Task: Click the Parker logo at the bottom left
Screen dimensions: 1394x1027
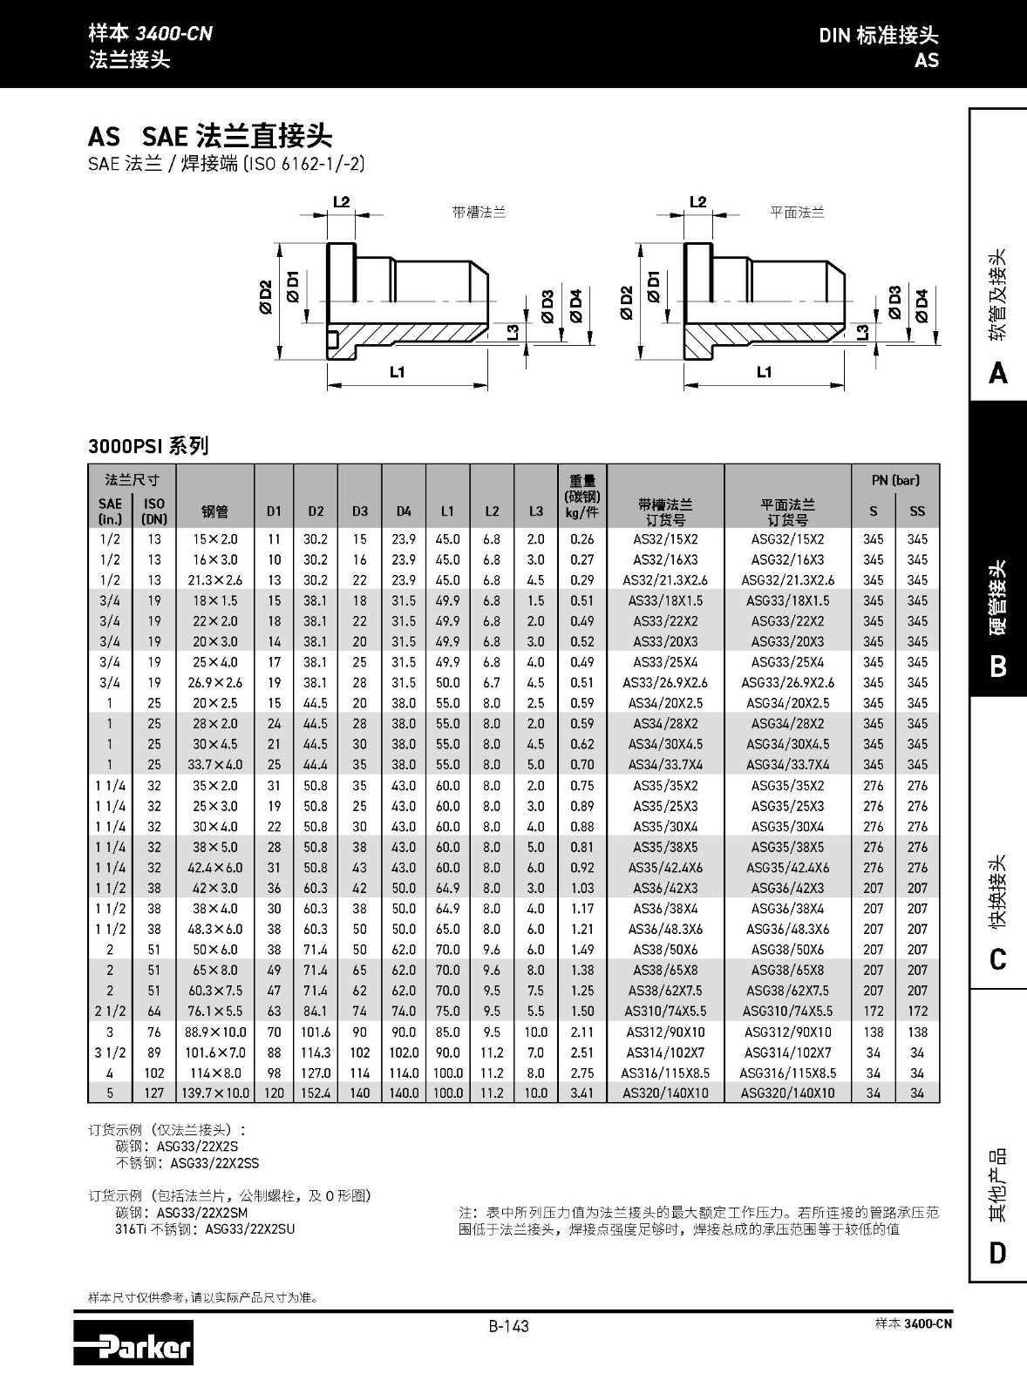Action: coord(133,1343)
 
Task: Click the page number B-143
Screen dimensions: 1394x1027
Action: coord(508,1326)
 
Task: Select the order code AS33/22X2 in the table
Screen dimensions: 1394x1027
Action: coord(665,621)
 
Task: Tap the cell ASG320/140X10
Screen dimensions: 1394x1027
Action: coord(787,1093)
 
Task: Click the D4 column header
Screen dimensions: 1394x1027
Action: coord(404,511)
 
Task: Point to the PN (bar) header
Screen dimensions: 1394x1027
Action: coord(894,480)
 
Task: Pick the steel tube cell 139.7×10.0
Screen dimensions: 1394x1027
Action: coord(214,1093)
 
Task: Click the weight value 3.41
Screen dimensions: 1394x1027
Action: coord(582,1093)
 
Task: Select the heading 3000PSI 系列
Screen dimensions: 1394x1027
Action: coord(148,446)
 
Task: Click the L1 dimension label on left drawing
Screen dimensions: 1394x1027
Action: coord(398,373)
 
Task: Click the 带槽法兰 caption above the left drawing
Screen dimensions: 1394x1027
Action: coord(479,212)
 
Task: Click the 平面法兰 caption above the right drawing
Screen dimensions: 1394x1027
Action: coord(797,212)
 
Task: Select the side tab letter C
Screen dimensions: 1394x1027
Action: coord(998,960)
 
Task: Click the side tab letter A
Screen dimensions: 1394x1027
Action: coord(998,374)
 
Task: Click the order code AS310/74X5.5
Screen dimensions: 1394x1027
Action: coord(665,1012)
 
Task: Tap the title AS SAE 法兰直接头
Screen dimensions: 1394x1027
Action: coord(210,136)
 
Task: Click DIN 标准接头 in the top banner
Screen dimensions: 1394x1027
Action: coord(878,36)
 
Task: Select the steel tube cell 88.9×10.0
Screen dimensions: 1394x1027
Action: coord(214,1032)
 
